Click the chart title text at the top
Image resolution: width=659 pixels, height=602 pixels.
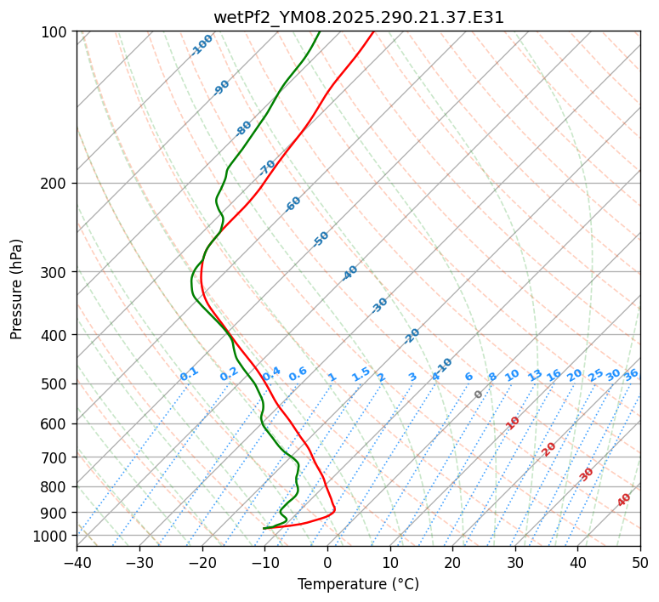coord(358,18)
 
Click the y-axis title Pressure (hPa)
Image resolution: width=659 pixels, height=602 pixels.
coord(16,288)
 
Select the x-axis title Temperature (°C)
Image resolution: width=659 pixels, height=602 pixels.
coord(358,585)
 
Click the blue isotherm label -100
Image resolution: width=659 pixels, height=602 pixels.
coord(202,45)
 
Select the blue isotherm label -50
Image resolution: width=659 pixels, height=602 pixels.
coord(321,239)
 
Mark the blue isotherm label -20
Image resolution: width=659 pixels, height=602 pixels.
coord(412,336)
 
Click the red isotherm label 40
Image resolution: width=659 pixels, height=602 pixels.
coord(624,500)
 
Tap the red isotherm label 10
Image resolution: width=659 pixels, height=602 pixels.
coord(513,423)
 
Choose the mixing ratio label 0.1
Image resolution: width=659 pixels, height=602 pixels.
coord(189,373)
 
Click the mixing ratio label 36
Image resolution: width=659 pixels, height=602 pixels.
coord(631,374)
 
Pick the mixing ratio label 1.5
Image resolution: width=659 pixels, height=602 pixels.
coord(361,373)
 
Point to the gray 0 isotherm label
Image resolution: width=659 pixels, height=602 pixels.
coord(479,395)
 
